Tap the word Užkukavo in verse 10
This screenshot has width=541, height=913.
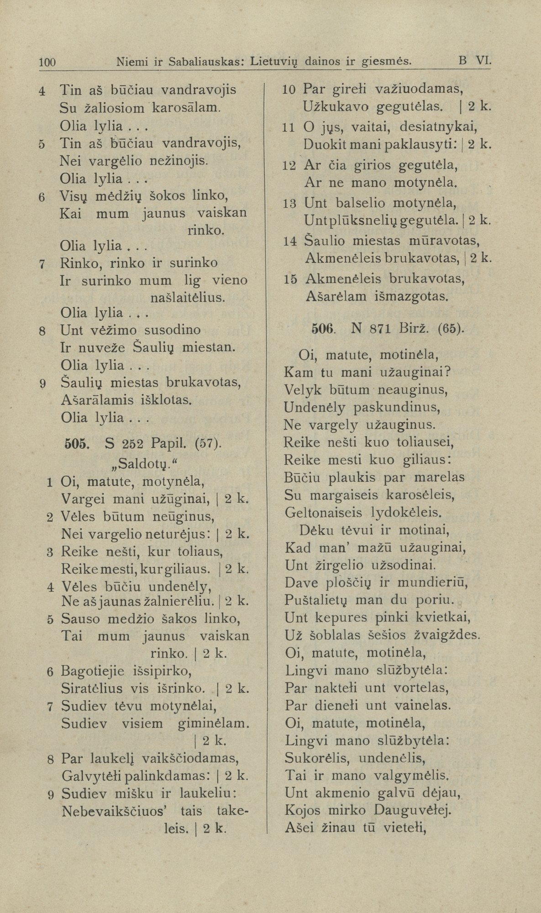(336, 107)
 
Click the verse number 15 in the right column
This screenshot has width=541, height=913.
(290, 278)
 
